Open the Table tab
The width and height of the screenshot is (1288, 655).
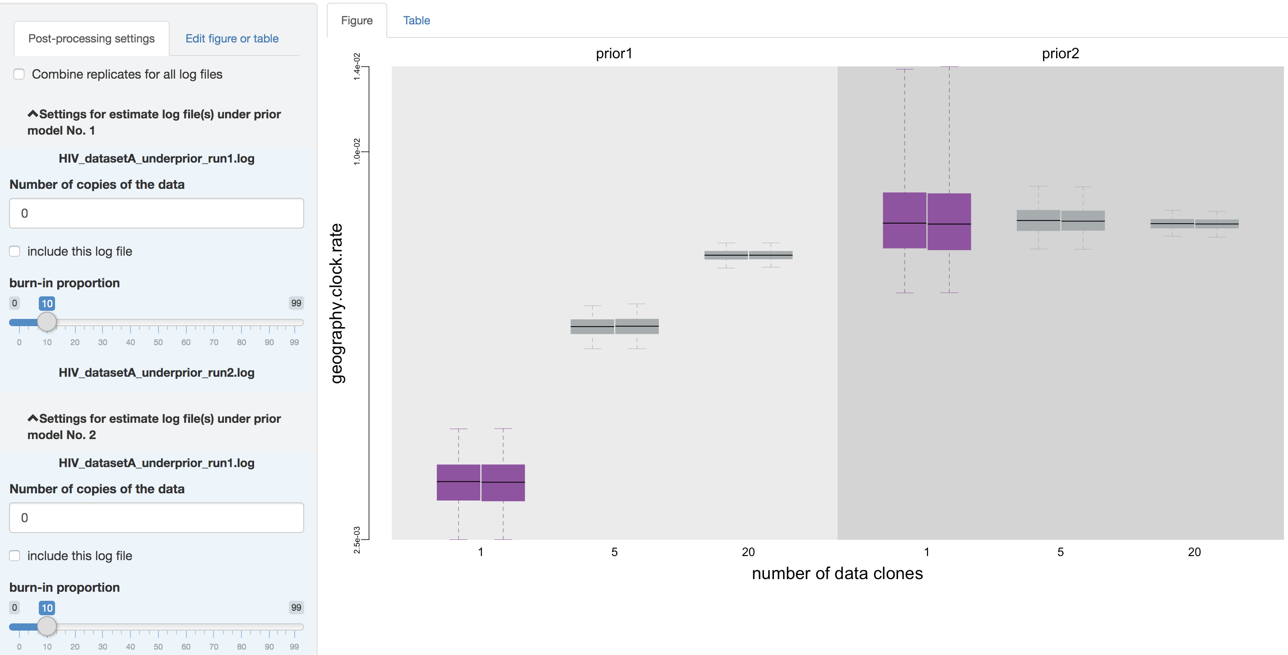[417, 20]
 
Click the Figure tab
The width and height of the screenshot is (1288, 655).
[357, 20]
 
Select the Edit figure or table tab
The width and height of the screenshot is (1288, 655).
[232, 38]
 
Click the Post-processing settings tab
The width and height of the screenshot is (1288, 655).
[92, 38]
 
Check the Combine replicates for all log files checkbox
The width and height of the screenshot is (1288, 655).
[19, 74]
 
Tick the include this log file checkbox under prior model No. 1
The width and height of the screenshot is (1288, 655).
[15, 251]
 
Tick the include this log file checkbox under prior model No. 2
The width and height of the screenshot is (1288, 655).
[15, 556]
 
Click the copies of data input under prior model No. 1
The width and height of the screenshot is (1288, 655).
[157, 213]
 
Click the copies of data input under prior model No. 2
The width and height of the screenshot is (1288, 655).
[157, 517]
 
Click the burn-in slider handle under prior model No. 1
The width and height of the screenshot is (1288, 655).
[47, 322]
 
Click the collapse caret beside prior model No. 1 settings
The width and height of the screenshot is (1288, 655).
[33, 114]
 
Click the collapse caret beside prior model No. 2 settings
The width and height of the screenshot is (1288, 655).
[33, 418]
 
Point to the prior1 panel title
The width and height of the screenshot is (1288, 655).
[614, 54]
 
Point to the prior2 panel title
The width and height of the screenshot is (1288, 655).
[1060, 54]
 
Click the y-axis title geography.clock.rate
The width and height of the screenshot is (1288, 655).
[337, 303]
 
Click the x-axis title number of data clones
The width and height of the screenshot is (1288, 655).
[837, 573]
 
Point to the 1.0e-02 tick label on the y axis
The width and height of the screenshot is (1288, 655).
[357, 151]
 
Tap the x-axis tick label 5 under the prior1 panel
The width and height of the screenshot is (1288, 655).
[615, 552]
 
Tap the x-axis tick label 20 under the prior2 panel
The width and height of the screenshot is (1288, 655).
[1194, 552]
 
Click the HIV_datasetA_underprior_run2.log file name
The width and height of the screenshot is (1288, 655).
[157, 373]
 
